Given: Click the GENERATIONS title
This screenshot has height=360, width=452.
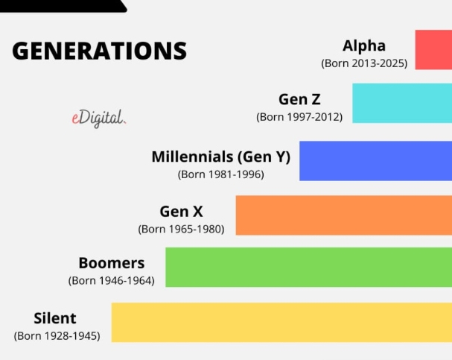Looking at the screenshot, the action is [100, 51].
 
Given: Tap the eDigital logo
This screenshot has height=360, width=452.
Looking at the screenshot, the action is [99, 119].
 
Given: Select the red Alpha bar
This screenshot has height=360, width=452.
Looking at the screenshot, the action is [433, 50].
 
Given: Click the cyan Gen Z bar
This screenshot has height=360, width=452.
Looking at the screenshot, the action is [402, 104].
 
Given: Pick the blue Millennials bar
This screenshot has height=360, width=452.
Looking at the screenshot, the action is [375, 161].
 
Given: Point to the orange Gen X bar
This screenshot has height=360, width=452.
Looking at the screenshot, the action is [344, 215].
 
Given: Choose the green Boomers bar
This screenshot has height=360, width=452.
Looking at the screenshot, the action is [309, 267].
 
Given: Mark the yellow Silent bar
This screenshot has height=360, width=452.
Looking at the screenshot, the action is [281, 323].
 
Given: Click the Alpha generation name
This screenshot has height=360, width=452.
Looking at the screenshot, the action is [364, 46].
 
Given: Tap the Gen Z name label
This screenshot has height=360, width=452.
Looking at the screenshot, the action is [299, 100].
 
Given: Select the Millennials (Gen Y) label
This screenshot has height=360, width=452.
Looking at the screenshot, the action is [221, 157].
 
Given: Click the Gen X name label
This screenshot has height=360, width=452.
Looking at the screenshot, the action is [181, 212].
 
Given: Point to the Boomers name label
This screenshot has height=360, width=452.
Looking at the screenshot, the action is [112, 263].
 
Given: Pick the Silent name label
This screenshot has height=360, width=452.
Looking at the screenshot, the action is [55, 318].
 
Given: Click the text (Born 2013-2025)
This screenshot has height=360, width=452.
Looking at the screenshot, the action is [364, 63].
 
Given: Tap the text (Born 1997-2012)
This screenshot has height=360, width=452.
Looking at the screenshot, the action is [299, 117].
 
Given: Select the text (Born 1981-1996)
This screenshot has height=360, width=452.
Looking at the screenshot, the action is [221, 174].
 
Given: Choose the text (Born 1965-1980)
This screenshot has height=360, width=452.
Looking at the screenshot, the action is [181, 229].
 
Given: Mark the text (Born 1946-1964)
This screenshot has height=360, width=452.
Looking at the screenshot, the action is [111, 281].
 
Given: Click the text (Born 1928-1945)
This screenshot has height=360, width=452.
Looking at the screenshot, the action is [57, 336].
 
